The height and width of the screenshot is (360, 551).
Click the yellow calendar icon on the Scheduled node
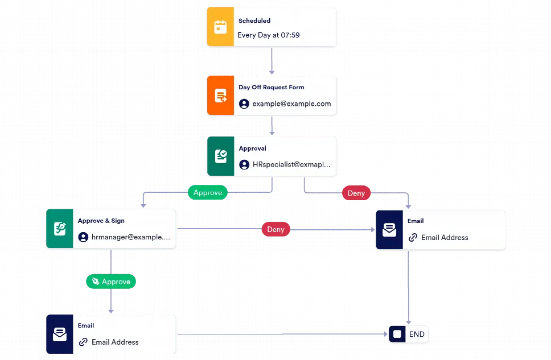(x=220, y=27)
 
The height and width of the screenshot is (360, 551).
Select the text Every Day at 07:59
(x=269, y=35)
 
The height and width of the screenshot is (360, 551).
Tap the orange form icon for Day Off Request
(x=220, y=96)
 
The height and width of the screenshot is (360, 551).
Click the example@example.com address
(x=291, y=104)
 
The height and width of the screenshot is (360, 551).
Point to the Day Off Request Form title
(x=271, y=88)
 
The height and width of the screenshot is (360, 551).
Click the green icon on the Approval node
(x=220, y=156)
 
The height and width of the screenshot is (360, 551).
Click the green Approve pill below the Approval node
(x=208, y=193)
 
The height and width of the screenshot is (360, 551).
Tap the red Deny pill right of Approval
(x=356, y=193)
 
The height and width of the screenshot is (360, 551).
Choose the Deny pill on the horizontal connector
(x=275, y=229)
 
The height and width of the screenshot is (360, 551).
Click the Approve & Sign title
(x=101, y=221)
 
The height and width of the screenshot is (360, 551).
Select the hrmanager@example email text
(x=130, y=237)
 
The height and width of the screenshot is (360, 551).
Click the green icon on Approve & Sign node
(x=60, y=229)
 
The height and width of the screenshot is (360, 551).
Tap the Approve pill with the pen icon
(x=111, y=282)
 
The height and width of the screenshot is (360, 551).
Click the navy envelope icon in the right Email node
(x=389, y=230)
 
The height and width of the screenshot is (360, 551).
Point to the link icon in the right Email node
(x=413, y=238)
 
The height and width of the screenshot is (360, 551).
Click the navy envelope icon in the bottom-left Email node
(x=60, y=334)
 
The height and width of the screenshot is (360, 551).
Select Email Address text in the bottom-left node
(x=115, y=342)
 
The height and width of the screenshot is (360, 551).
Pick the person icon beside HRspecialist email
(x=244, y=164)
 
